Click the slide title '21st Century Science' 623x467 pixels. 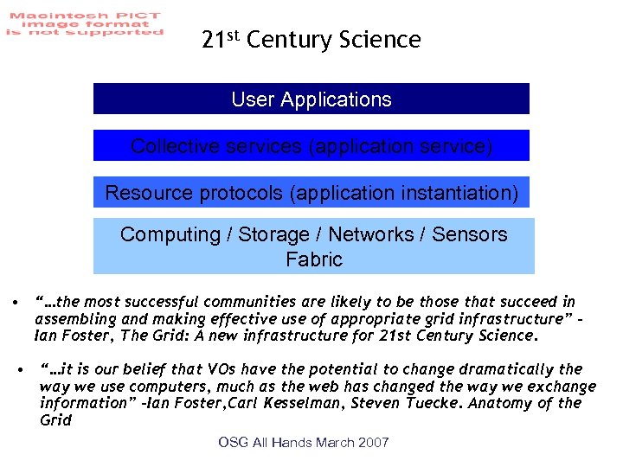point(311,40)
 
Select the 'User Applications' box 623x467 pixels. point(311,99)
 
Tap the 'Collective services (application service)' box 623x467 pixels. point(311,146)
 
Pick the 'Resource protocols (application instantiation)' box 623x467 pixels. point(311,192)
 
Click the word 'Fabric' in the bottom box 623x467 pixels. point(314,259)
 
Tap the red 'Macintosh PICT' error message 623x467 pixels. point(83,24)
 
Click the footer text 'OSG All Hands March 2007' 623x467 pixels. point(304,443)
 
